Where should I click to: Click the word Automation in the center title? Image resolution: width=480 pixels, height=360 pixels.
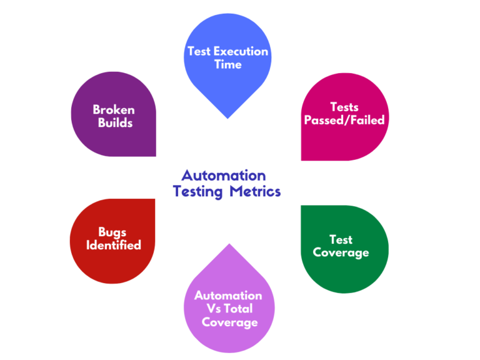pos(223,176)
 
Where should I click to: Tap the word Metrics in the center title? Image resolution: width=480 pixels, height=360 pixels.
pos(254,191)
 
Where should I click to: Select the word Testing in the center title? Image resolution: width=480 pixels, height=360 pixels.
pos(198,192)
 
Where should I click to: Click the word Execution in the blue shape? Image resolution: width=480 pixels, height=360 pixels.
pos(242,52)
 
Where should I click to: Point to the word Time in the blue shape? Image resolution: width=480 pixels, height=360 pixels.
pos(227,65)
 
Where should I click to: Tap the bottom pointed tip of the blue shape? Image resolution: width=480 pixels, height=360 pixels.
pos(227,117)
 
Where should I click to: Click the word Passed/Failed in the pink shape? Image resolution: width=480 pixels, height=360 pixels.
pos(344,120)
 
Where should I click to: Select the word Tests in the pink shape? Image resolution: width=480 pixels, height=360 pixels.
pos(344,107)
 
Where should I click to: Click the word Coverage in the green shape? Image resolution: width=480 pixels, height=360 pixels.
pos(341,252)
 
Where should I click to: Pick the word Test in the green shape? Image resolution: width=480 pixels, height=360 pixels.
pos(341,239)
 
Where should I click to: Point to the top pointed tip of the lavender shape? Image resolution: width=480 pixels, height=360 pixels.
pos(227,244)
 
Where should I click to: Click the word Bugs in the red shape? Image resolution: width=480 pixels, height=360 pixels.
pos(113,232)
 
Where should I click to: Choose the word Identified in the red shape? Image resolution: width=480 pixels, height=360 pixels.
pos(113,246)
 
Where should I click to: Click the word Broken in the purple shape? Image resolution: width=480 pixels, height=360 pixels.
pos(113,110)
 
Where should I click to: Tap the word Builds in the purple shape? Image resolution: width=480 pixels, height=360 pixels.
pos(115,123)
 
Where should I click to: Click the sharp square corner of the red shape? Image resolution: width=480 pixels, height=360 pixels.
pos(154,200)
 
